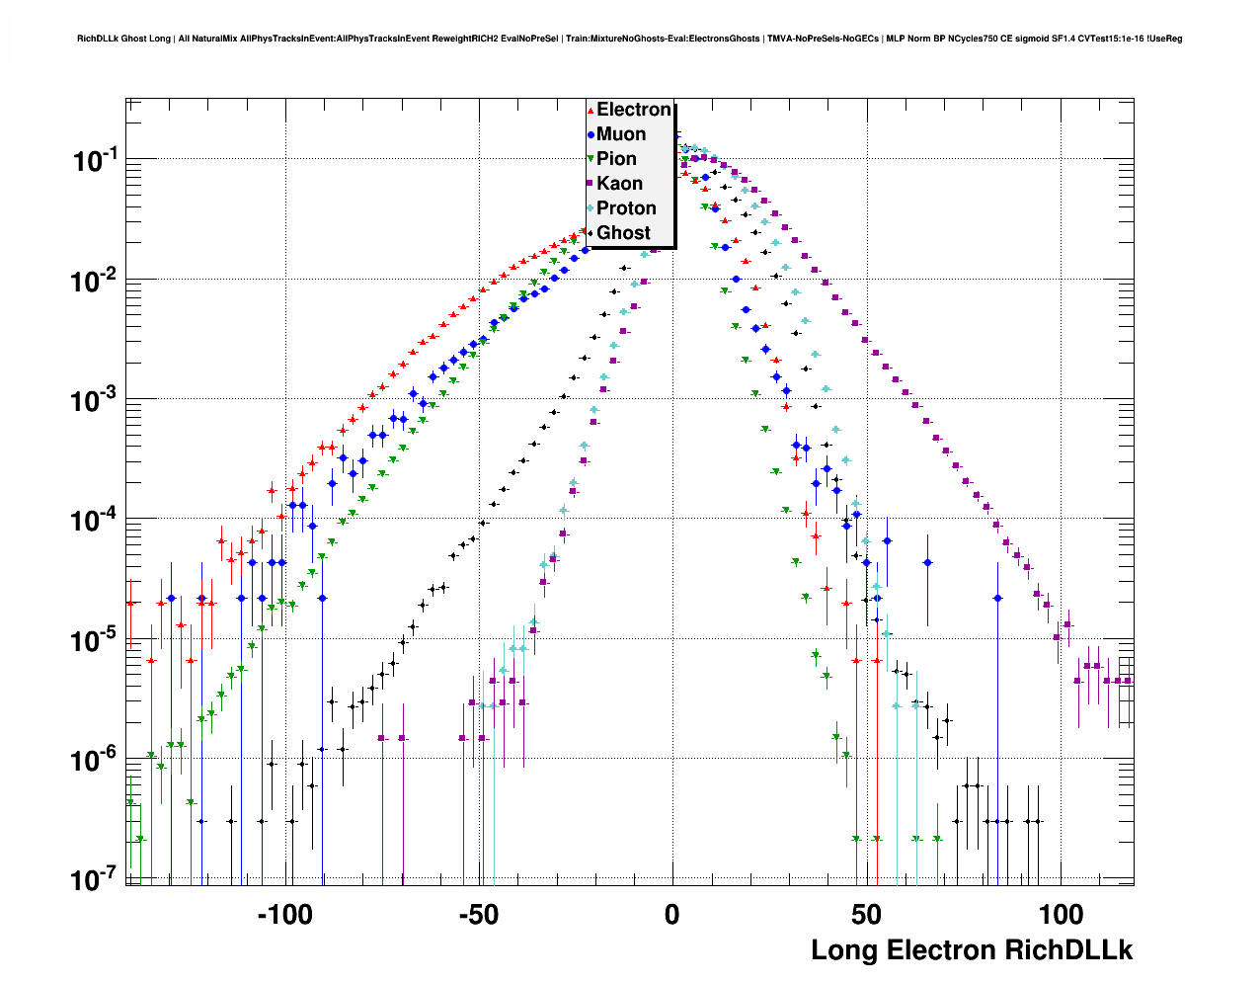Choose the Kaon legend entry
(619, 184)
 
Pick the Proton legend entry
(626, 208)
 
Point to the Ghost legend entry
(623, 233)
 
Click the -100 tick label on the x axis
(284, 915)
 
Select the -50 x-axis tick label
(478, 915)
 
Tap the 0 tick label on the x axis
(671, 915)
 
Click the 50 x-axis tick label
(866, 915)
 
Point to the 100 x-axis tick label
(1060, 915)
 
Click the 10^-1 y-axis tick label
(96, 160)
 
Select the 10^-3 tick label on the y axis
(96, 400)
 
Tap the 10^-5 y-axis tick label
(96, 640)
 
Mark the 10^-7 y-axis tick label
(96, 879)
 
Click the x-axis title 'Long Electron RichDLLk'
(972, 950)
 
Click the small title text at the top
(629, 39)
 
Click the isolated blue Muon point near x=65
(927, 563)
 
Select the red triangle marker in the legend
(591, 111)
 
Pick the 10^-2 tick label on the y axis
(96, 281)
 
